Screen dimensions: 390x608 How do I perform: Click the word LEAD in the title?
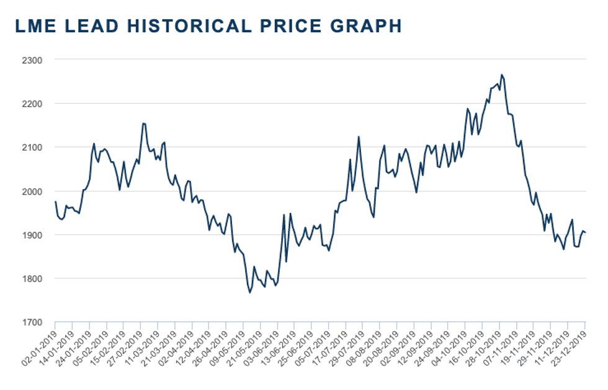pos(86,25)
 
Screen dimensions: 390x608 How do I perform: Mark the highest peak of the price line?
pos(501,75)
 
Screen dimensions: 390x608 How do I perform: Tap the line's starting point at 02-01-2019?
pos(55,202)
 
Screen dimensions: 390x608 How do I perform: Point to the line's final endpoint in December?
pos(586,233)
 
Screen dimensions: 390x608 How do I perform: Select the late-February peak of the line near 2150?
pos(143,123)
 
